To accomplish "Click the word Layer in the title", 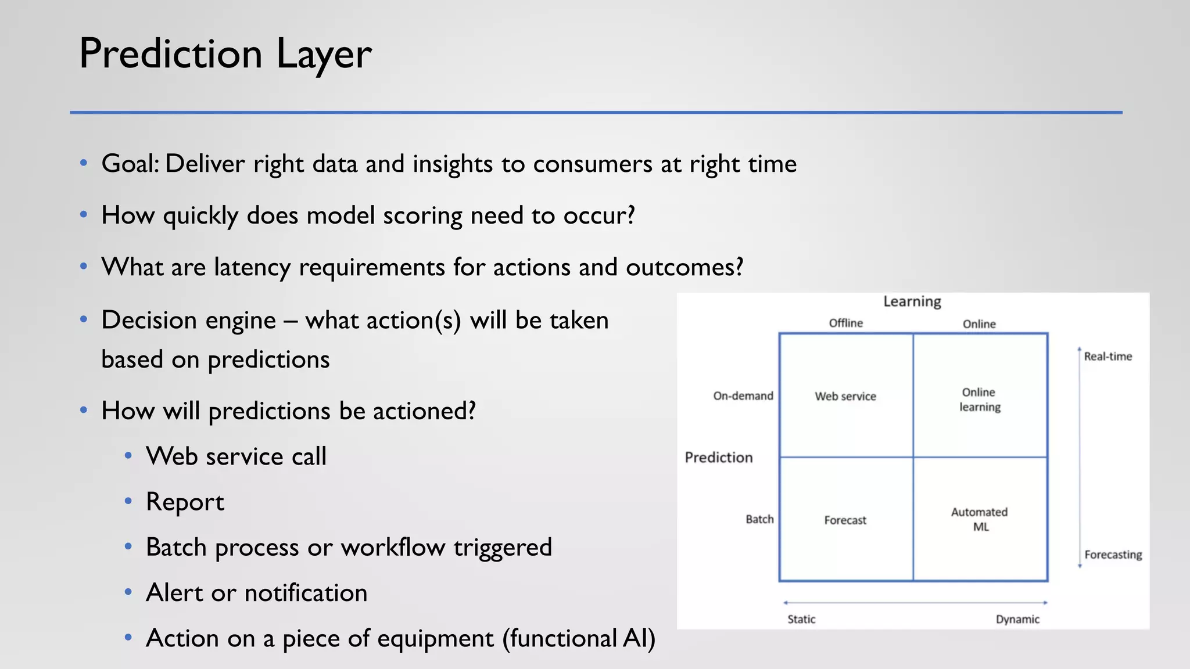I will pos(324,54).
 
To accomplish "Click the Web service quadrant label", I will pos(845,396).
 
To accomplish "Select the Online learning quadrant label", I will pos(980,400).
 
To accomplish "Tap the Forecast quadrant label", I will pos(845,520).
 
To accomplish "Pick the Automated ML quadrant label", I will pos(980,519).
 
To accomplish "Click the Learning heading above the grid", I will pos(912,301).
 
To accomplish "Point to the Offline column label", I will pos(845,323).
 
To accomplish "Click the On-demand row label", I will pos(743,396).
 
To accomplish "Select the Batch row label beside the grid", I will pos(759,519).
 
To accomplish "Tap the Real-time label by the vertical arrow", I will pos(1107,357).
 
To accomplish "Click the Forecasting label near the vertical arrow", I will pos(1113,555).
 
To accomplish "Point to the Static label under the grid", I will pos(801,619).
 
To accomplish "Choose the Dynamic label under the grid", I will pos(1017,619).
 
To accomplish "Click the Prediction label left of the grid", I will pos(718,458).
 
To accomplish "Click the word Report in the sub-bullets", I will pos(185,502).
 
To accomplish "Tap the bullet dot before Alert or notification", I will pos(128,592).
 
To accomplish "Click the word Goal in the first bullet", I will pos(128,164).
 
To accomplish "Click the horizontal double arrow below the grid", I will pos(915,603).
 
